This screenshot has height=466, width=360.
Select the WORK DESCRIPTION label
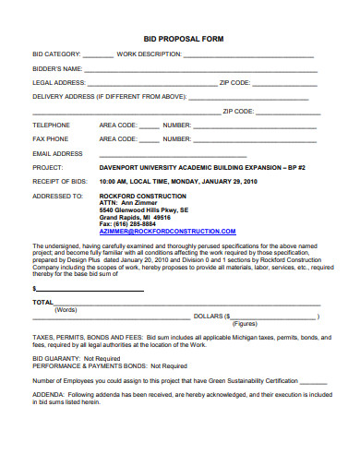(149, 54)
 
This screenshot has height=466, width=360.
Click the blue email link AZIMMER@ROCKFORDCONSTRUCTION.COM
(155, 230)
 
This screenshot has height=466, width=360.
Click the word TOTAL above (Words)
(42, 302)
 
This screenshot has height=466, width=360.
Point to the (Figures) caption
(244, 324)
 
